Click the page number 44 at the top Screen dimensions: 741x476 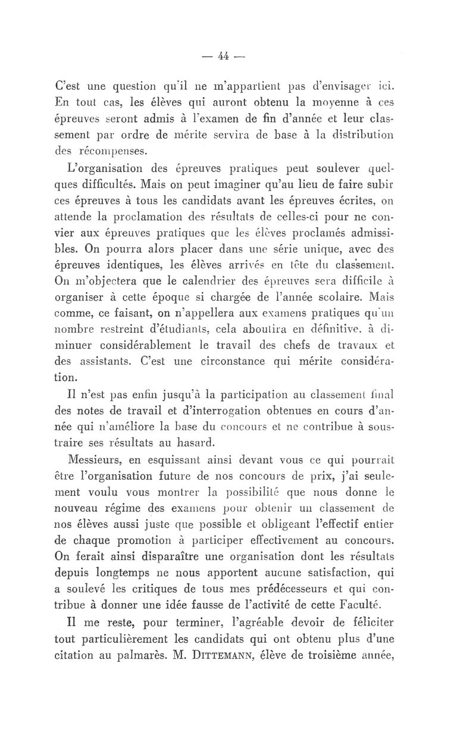tap(224, 57)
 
